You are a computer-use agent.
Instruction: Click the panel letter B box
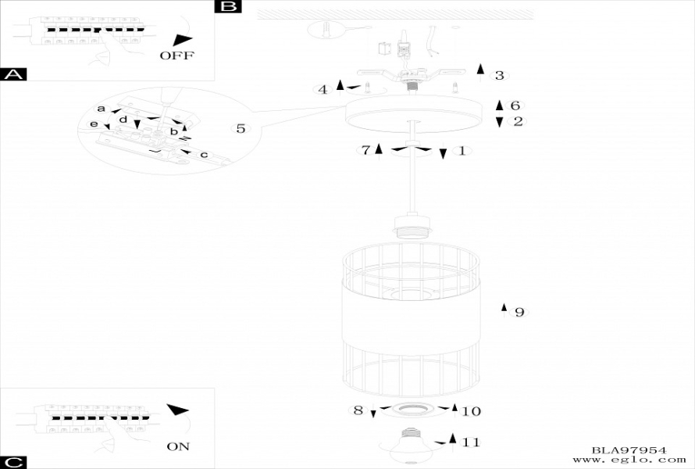point(227,7)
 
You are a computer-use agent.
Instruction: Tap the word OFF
point(176,55)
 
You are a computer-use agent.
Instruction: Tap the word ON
point(178,446)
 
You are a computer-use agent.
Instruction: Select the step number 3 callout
point(500,76)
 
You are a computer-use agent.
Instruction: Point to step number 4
point(323,89)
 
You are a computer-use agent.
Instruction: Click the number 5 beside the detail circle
point(241,128)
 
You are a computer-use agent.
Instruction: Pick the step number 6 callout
point(515,106)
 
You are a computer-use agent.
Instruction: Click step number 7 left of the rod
point(365,150)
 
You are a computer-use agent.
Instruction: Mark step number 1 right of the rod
point(462,150)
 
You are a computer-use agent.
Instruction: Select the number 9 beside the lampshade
point(519,313)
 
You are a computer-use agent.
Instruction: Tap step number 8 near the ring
point(358,410)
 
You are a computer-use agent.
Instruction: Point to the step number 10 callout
point(472,411)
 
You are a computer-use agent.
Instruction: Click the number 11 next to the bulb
point(470,442)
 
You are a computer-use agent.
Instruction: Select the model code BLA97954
point(629,450)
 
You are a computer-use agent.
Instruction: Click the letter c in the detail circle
point(204,155)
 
